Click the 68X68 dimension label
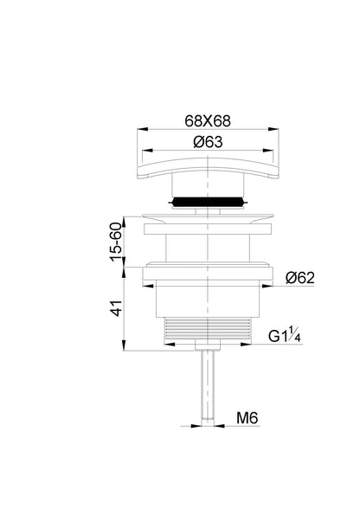tap(208, 121)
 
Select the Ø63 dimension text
tap(209, 142)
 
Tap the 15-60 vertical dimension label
tap(116, 242)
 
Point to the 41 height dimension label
tap(117, 308)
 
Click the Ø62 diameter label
tap(300, 278)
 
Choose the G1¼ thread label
tap(285, 335)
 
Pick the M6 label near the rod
tap(247, 417)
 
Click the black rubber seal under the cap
tap(208, 202)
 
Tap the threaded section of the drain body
tap(208, 328)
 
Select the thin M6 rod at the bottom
tap(208, 387)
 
